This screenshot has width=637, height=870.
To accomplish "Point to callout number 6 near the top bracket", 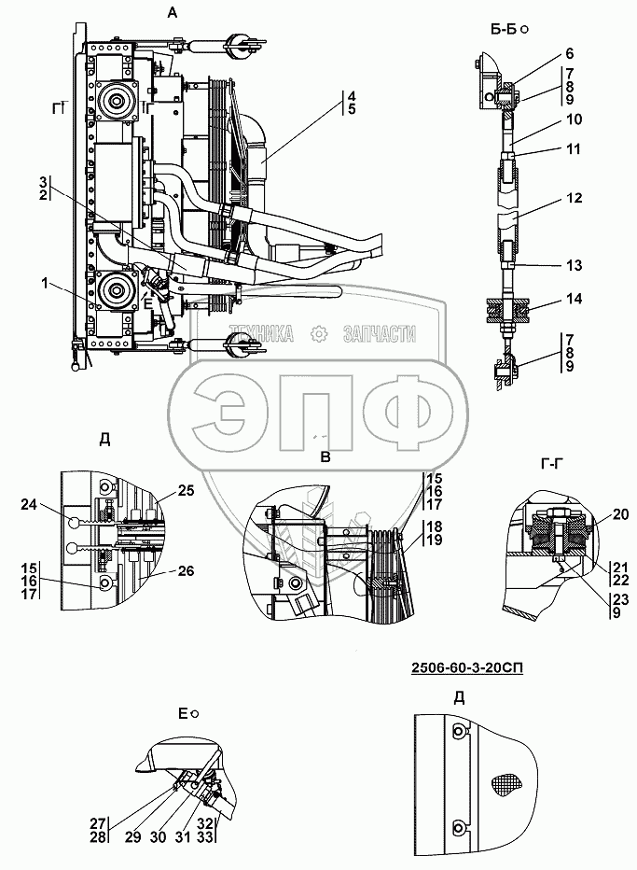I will pyautogui.click(x=570, y=55).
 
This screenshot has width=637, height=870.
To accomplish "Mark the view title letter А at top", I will pyautogui.click(x=172, y=13).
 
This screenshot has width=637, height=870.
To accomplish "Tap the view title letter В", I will pyautogui.click(x=325, y=456).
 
